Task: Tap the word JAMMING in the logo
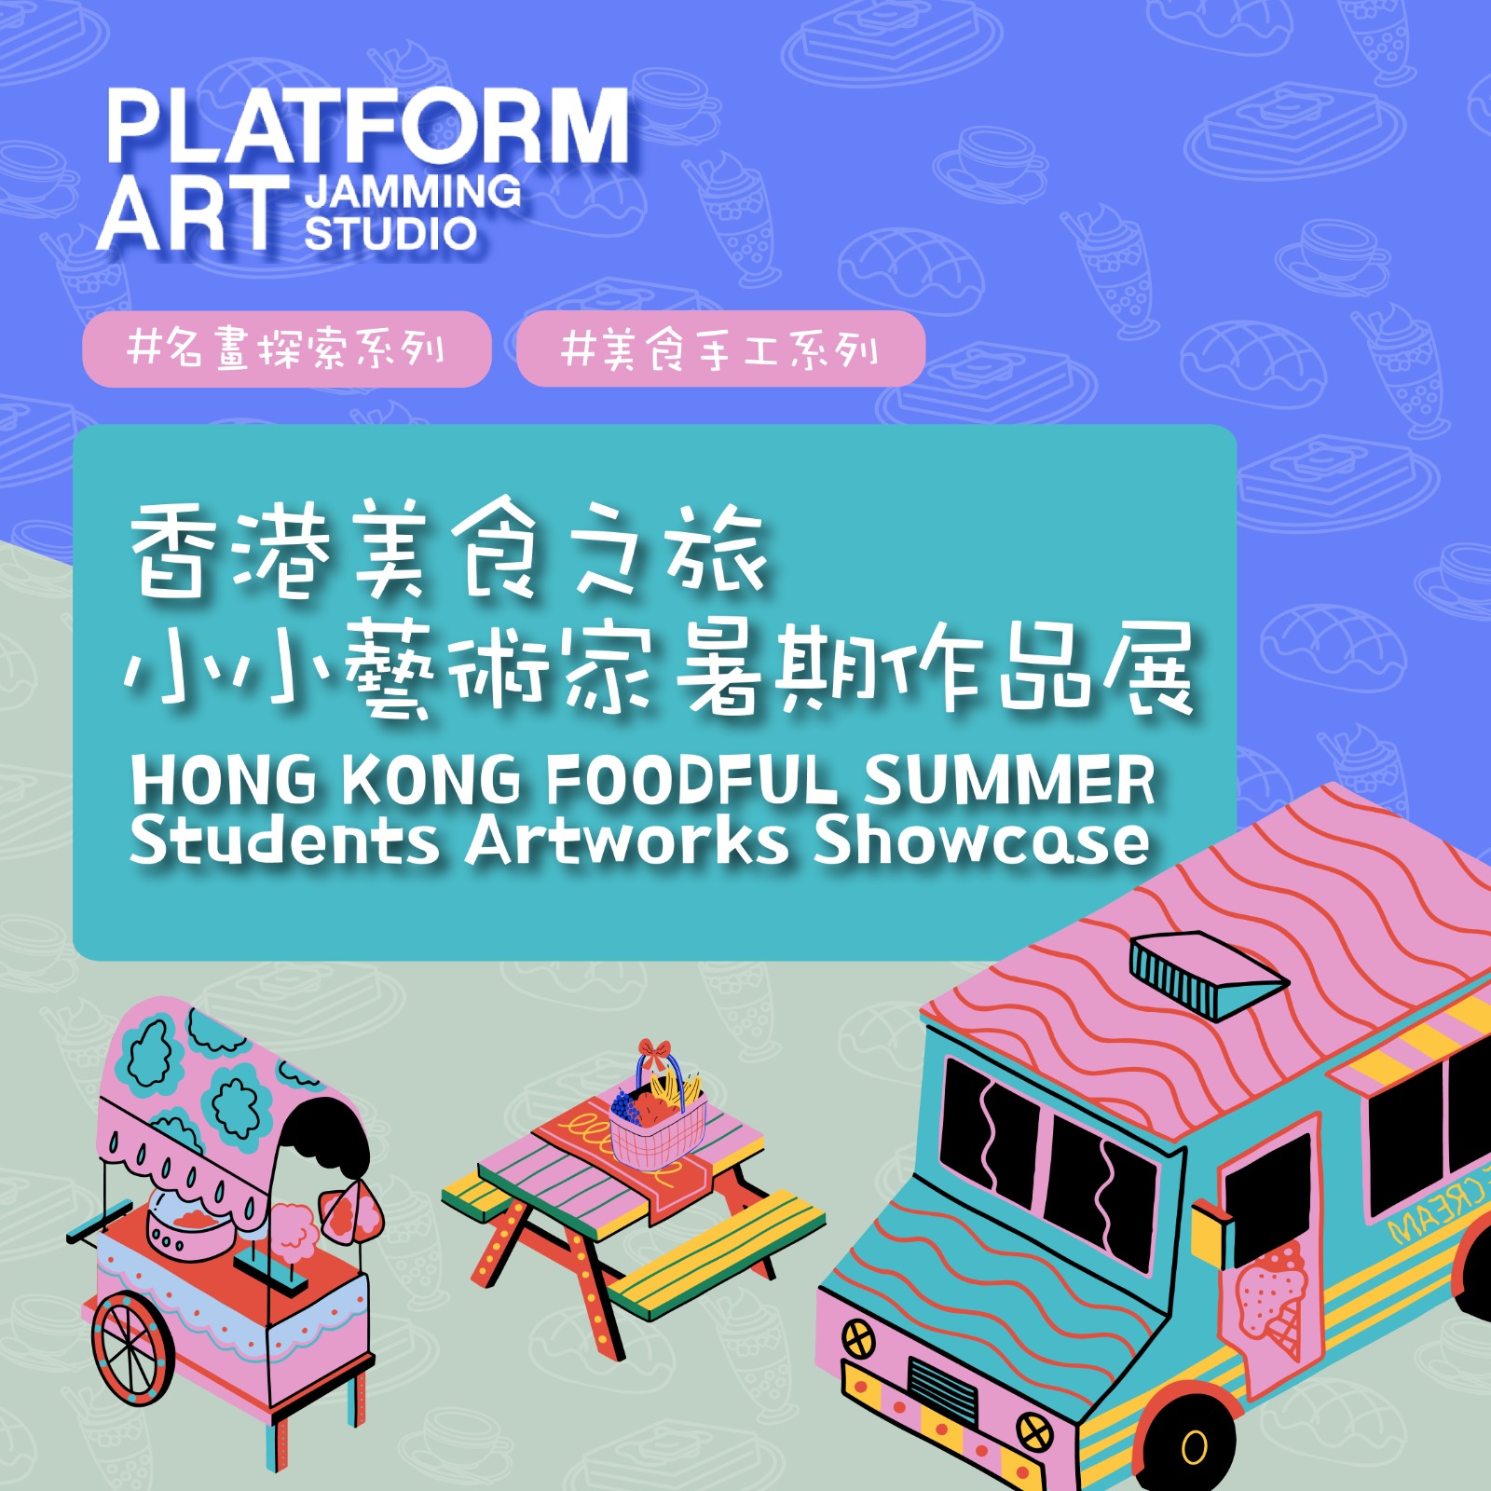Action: [x=413, y=192]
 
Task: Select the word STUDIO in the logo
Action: [x=390, y=233]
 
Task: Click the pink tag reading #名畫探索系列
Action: [x=287, y=349]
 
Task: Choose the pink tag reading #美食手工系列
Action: [x=720, y=349]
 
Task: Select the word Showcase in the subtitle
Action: [x=982, y=841]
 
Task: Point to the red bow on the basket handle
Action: [x=654, y=1053]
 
